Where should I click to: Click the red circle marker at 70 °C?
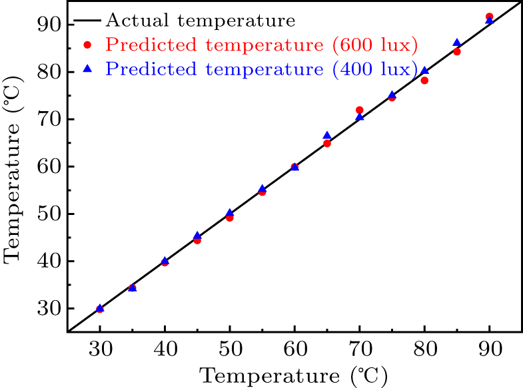coord(359,110)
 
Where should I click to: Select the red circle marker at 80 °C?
coord(424,81)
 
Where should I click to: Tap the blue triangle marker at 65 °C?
coord(327,135)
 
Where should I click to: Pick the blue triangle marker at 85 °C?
coord(457,43)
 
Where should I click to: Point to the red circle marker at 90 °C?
coord(489,17)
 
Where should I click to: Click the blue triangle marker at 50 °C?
coord(229,213)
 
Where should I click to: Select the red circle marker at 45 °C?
coord(197,240)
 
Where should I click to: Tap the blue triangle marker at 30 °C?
coord(100,307)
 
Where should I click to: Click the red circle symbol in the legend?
coord(87,45)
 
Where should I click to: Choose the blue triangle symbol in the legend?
coord(87,69)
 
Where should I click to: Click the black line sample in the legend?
coord(87,21)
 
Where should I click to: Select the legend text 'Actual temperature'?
coord(201,21)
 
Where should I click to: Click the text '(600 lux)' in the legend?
coord(375,45)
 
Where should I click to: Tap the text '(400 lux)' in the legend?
coord(375,69)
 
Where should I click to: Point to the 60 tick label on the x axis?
coord(295,349)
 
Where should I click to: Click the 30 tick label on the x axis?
coord(101,349)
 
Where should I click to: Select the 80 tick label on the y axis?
coord(49,72)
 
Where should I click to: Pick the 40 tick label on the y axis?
coord(49,261)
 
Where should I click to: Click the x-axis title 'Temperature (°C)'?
coord(294,376)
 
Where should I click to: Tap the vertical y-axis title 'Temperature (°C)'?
coord(13,170)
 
